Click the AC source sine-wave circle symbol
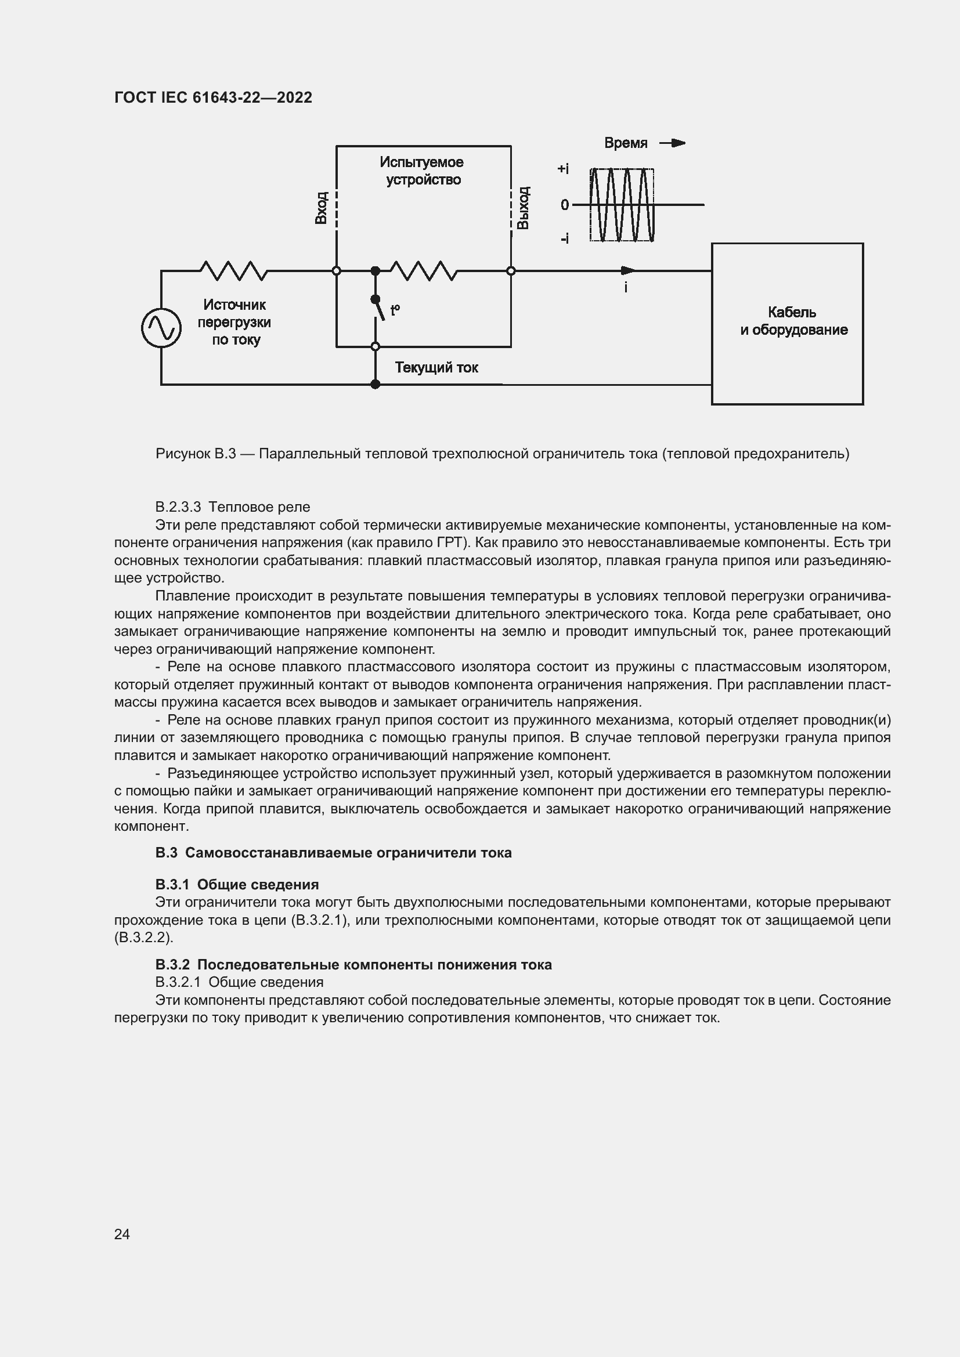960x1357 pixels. coord(161,328)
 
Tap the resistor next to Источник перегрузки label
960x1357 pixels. coord(233,271)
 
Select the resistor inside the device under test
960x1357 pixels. coord(423,271)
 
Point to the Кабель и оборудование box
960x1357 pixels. coord(787,323)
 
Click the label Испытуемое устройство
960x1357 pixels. coord(422,171)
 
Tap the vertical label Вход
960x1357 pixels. coord(321,208)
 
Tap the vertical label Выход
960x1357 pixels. coord(523,208)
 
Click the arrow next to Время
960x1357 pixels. coord(673,143)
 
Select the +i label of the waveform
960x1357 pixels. coord(563,169)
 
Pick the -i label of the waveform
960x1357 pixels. coord(565,238)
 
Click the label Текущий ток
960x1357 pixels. coord(436,368)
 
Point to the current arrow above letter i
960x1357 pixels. coord(628,271)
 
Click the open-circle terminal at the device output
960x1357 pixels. coord(511,271)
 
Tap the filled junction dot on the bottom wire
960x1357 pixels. coord(375,384)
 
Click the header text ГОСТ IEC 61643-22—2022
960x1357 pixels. coord(213,97)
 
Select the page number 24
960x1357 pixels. coord(122,1234)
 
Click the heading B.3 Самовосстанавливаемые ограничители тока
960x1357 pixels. coord(333,853)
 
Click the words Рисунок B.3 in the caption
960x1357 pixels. coord(196,454)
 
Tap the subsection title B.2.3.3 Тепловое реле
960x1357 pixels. coord(232,507)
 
